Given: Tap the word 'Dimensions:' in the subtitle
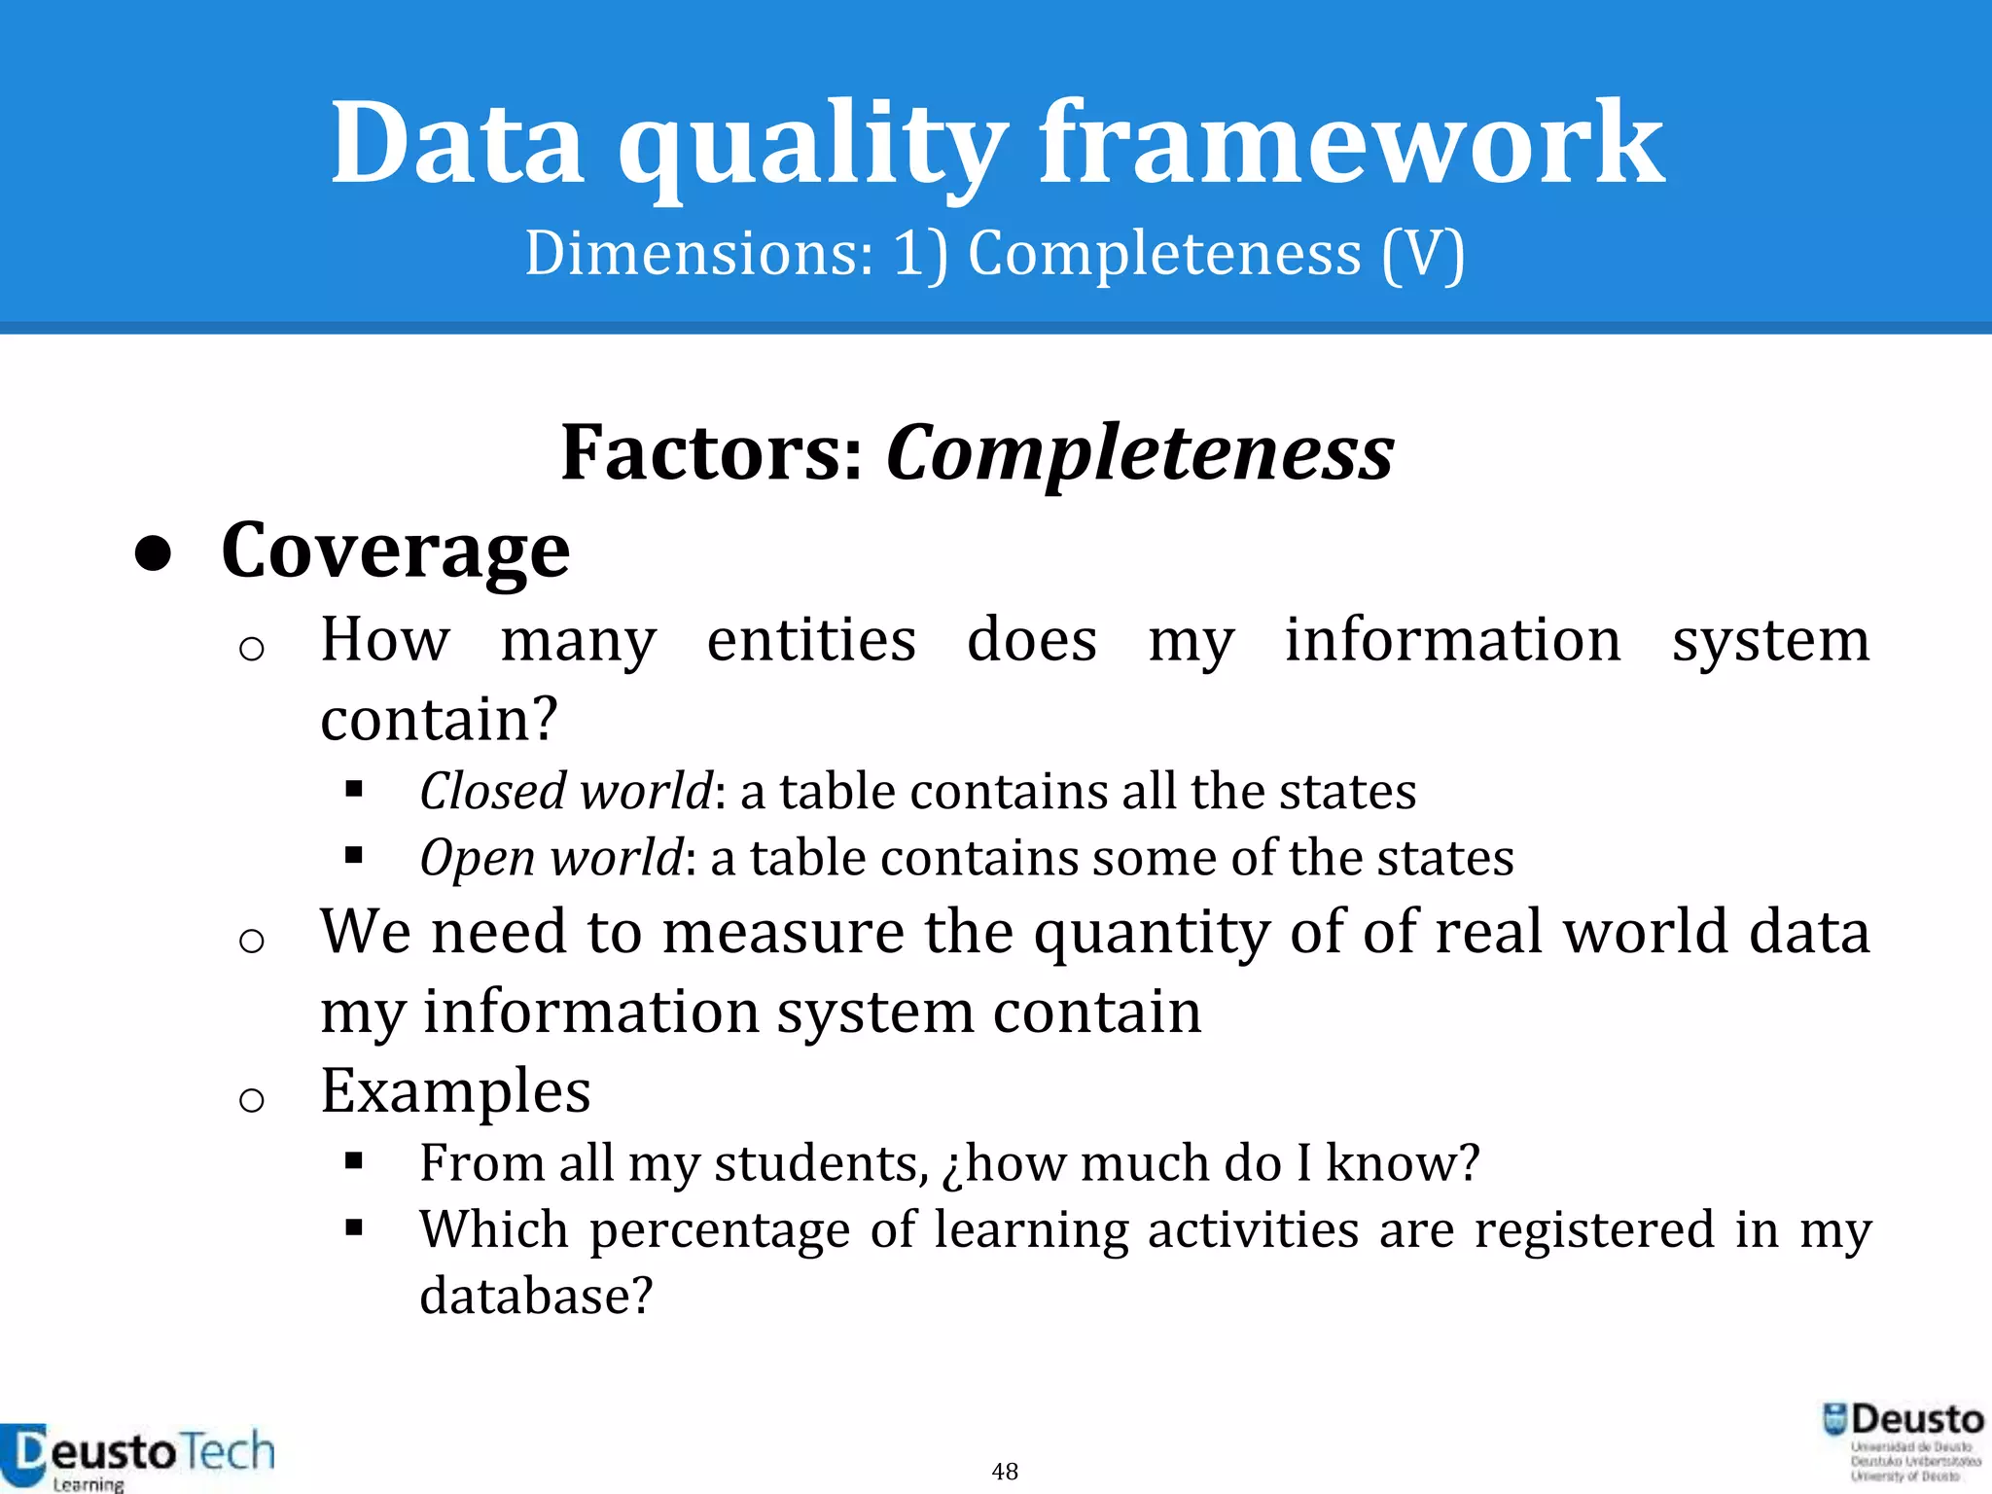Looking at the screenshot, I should pyautogui.click(x=698, y=254).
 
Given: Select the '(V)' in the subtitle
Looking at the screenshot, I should pyautogui.click(x=1423, y=254).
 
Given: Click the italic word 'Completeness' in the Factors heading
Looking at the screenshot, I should pyautogui.click(x=1139, y=453).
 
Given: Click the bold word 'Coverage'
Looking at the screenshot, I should pyautogui.click(x=395, y=551).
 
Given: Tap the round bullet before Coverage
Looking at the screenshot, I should pyautogui.click(x=154, y=554).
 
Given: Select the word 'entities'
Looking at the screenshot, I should pyautogui.click(x=811, y=641).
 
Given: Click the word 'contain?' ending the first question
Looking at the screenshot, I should pyautogui.click(x=440, y=720).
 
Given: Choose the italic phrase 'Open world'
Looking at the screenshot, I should pyautogui.click(x=551, y=858).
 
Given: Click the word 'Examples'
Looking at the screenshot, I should pyautogui.click(x=455, y=1091).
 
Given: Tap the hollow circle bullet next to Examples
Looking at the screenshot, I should pyautogui.click(x=252, y=1100).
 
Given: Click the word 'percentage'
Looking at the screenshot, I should pyautogui.click(x=720, y=1229).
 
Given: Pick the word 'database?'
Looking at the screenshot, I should pyautogui.click(x=536, y=1296).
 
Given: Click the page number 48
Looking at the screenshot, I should pyautogui.click(x=1005, y=1471).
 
